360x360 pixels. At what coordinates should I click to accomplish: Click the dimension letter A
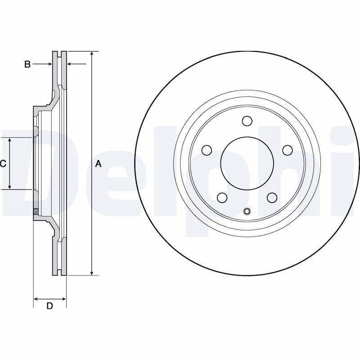click(x=98, y=164)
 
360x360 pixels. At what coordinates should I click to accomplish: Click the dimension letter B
click(x=27, y=64)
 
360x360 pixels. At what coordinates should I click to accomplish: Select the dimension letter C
click(x=3, y=164)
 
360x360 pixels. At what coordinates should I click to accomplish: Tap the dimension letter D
click(x=49, y=306)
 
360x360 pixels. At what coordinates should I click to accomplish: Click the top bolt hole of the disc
click(x=247, y=121)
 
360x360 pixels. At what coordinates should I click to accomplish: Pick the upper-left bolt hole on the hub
click(x=207, y=150)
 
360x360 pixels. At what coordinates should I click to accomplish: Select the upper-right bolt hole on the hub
click(x=288, y=150)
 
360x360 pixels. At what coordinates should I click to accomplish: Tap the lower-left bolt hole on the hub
click(x=222, y=198)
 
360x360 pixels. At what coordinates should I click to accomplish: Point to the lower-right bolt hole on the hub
click(x=272, y=198)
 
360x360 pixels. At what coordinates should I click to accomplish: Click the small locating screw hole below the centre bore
click(x=247, y=211)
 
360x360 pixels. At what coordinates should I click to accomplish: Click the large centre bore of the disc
click(x=247, y=163)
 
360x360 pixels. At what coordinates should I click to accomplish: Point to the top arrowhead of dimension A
click(x=92, y=54)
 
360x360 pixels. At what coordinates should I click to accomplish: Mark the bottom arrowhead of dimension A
click(x=92, y=273)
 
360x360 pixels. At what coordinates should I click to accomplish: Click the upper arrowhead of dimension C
click(x=9, y=140)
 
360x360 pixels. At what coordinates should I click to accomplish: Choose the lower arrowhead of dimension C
click(x=9, y=187)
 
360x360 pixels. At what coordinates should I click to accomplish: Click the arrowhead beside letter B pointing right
click(x=49, y=64)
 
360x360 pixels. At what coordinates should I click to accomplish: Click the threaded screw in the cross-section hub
click(x=36, y=211)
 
